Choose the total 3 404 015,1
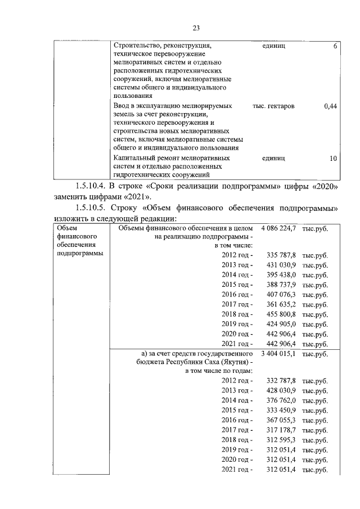(x=278, y=354)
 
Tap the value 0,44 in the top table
(x=331, y=106)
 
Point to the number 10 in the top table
(x=333, y=158)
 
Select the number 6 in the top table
(x=335, y=45)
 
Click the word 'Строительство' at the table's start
(x=137, y=45)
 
